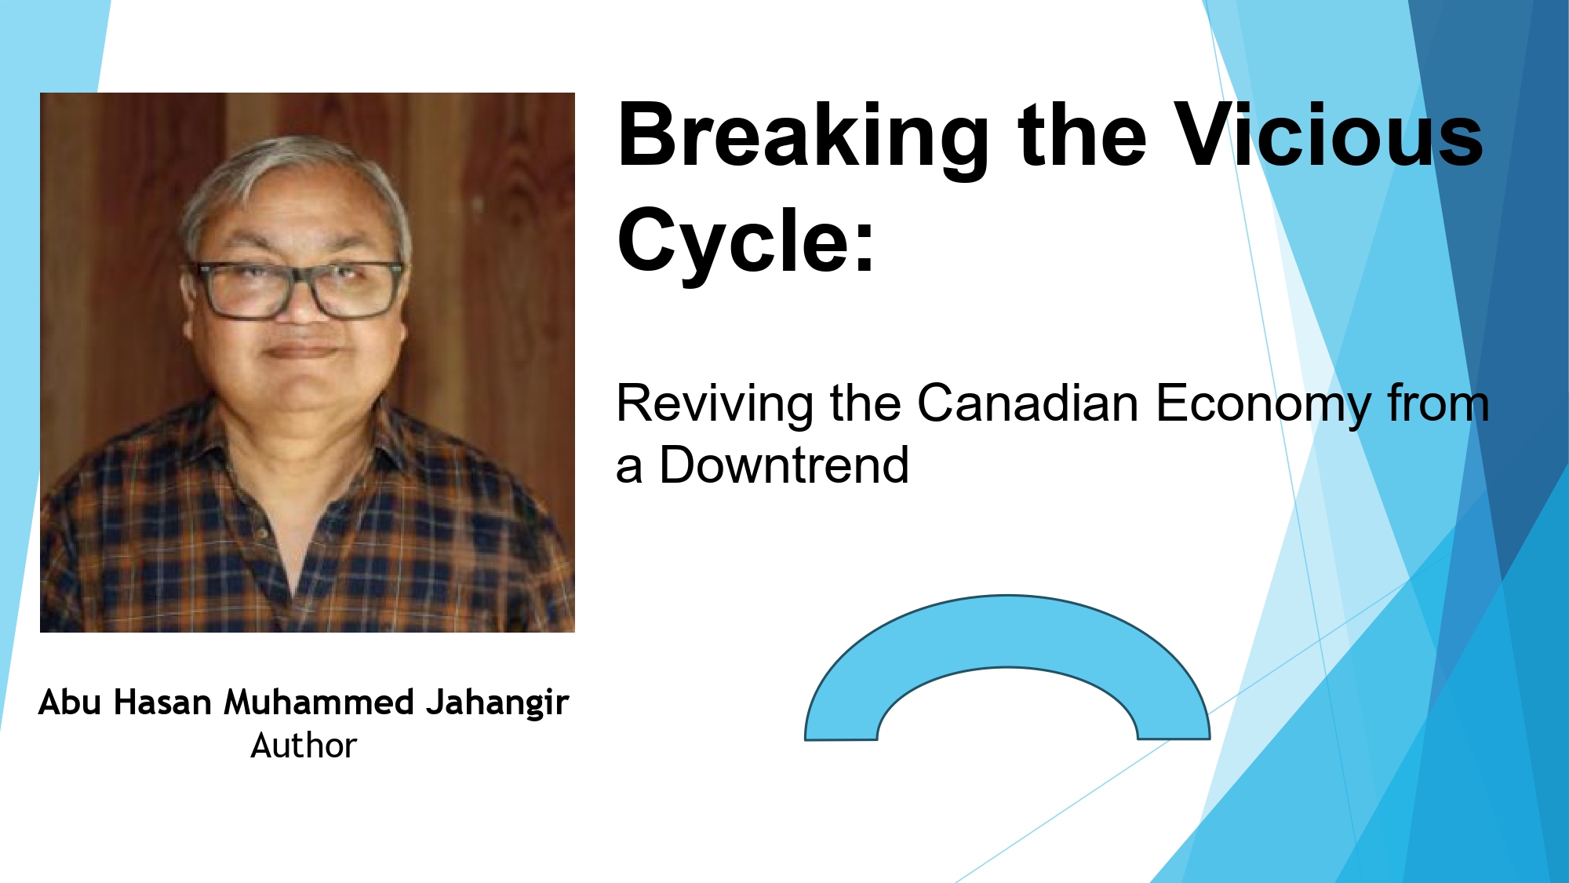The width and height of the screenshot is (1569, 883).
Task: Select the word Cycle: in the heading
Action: coord(746,242)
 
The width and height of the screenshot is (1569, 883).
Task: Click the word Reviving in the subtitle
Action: coord(715,405)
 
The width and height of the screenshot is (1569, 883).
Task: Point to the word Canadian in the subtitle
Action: coord(1028,403)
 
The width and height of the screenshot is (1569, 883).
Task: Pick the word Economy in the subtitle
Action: coord(1264,405)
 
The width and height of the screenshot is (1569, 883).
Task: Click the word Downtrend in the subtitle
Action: coord(784,465)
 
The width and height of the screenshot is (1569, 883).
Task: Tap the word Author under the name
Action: coord(304,746)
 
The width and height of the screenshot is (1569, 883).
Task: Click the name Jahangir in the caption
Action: coord(497,703)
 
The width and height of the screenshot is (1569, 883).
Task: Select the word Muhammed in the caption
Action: coord(319,702)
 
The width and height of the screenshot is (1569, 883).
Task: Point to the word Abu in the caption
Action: coord(70,702)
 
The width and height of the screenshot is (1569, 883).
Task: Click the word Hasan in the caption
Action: coord(162,702)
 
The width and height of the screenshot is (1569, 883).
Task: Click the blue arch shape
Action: coord(1007,632)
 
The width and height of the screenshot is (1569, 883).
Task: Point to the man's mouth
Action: coord(301,350)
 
